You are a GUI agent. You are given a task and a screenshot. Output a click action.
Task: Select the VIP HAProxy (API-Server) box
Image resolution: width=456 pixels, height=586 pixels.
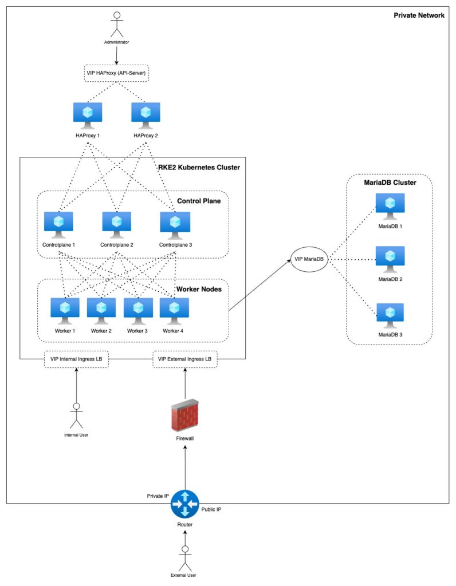tap(116, 73)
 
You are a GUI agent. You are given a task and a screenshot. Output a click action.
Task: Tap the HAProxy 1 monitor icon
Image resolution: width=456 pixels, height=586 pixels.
tap(88, 114)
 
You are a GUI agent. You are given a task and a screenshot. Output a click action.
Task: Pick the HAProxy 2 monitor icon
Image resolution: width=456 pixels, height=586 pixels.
tap(146, 114)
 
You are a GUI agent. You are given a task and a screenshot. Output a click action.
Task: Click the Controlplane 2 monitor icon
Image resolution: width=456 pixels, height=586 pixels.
tap(117, 224)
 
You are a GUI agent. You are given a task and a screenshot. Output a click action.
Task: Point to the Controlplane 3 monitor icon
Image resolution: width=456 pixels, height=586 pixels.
tap(175, 224)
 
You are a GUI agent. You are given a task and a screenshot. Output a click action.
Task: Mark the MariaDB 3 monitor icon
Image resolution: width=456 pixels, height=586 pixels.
tap(390, 315)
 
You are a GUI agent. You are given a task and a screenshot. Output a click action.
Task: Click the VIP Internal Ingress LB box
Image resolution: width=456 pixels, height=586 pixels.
tap(76, 359)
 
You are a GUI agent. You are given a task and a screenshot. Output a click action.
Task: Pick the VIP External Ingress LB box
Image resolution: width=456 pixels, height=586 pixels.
tap(185, 359)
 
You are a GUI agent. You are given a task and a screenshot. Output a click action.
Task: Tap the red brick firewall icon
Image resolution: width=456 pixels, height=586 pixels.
tap(185, 415)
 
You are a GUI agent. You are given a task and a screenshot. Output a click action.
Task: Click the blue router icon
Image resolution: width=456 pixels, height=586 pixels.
tap(184, 504)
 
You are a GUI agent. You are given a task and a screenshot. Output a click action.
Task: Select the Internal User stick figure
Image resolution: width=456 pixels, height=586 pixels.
tap(76, 414)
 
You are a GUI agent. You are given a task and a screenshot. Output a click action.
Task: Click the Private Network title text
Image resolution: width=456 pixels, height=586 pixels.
tap(419, 15)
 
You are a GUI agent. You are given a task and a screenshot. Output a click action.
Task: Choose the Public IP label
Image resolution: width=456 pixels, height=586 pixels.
tap(211, 509)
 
